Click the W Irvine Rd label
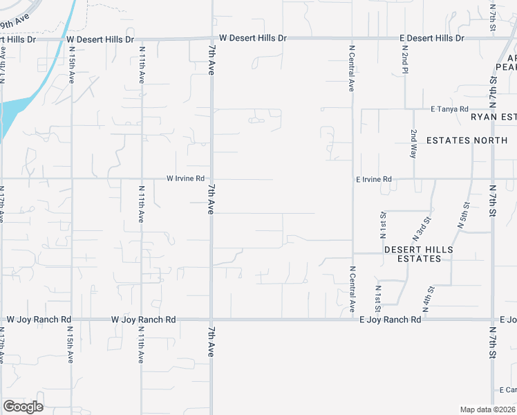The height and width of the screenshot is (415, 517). pyautogui.click(x=185, y=178)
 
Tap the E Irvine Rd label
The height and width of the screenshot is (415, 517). pyautogui.click(x=373, y=179)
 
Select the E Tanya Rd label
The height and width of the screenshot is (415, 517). pyautogui.click(x=449, y=109)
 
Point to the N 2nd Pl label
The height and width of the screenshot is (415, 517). pyautogui.click(x=406, y=59)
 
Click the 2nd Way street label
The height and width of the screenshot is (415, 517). pyautogui.click(x=413, y=143)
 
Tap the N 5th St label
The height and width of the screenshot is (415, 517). pyautogui.click(x=463, y=214)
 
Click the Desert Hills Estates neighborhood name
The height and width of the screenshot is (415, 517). pyautogui.click(x=418, y=254)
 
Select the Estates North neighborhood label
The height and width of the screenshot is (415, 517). pyautogui.click(x=467, y=140)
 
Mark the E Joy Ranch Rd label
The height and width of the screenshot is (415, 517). pyautogui.click(x=391, y=320)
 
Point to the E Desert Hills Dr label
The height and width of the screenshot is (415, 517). pyautogui.click(x=432, y=38)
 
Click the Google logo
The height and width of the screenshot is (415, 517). pyautogui.click(x=23, y=406)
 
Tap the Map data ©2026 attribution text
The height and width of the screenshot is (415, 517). pyautogui.click(x=487, y=409)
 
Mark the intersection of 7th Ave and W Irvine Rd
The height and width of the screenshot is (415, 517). pyautogui.click(x=211, y=178)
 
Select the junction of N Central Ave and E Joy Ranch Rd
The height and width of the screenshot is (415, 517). pyautogui.click(x=352, y=320)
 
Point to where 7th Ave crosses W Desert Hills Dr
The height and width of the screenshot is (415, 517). pyautogui.click(x=211, y=39)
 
